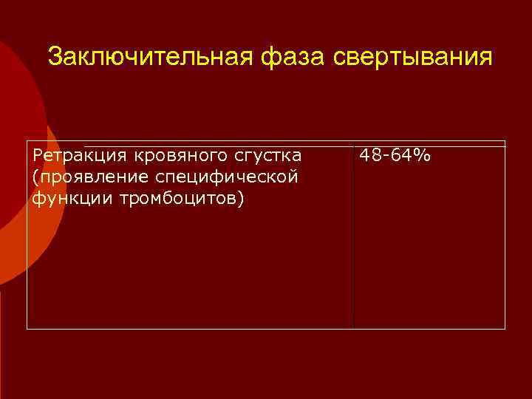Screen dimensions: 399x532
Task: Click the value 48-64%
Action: point(395,155)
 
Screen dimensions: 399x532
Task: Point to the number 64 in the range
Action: point(403,155)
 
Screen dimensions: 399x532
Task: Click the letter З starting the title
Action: point(54,57)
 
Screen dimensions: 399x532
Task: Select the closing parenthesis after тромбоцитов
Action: point(240,198)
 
